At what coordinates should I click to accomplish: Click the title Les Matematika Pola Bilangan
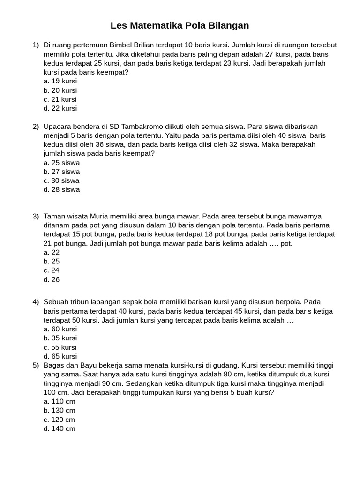180,25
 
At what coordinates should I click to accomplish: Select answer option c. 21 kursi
60,99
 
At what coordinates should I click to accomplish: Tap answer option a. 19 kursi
60,81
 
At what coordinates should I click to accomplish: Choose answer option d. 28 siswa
61,190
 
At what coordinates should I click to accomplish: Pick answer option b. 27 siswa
61,172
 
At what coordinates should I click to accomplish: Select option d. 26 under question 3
52,280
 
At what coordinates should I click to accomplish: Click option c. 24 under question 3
52,270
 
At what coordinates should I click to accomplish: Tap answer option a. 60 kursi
60,329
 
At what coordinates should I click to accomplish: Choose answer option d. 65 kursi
60,356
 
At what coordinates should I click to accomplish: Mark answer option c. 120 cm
59,420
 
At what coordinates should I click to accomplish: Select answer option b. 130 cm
59,411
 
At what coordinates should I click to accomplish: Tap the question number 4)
36,302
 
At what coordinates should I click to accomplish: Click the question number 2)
36,127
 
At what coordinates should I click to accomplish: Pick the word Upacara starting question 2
58,127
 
